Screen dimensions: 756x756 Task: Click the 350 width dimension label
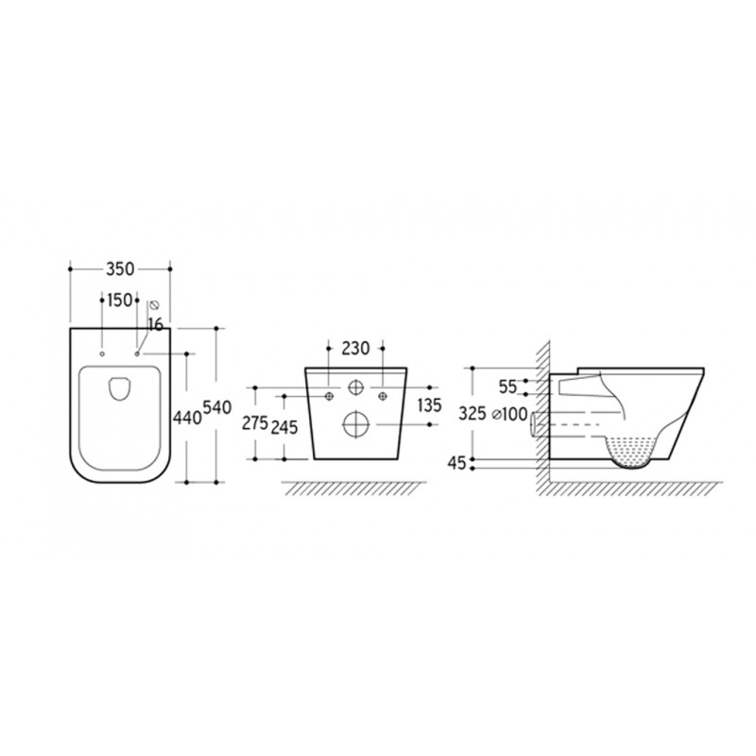(120, 269)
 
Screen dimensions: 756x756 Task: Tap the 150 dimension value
(119, 301)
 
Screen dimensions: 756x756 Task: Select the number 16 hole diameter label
(155, 325)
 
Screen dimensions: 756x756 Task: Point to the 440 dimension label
(187, 418)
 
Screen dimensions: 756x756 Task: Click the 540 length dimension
(217, 407)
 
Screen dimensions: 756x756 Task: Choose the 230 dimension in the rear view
(355, 348)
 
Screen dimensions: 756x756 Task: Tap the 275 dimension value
(254, 423)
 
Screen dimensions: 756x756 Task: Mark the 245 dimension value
(284, 427)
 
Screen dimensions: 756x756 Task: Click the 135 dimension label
(429, 405)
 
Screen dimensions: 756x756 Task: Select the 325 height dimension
(472, 413)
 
